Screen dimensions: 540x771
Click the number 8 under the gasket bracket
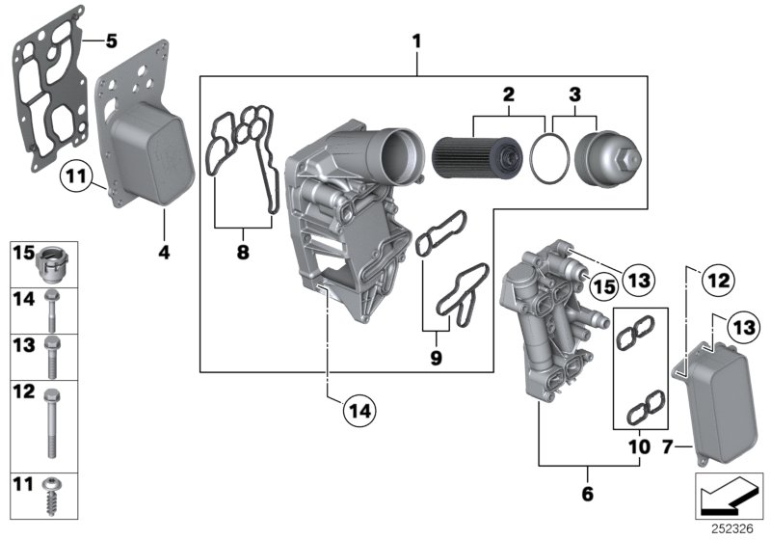tap(243, 252)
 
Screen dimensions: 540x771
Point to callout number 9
tap(436, 358)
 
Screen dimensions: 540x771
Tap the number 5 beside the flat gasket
tap(111, 41)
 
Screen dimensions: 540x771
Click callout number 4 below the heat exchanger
tap(163, 254)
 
